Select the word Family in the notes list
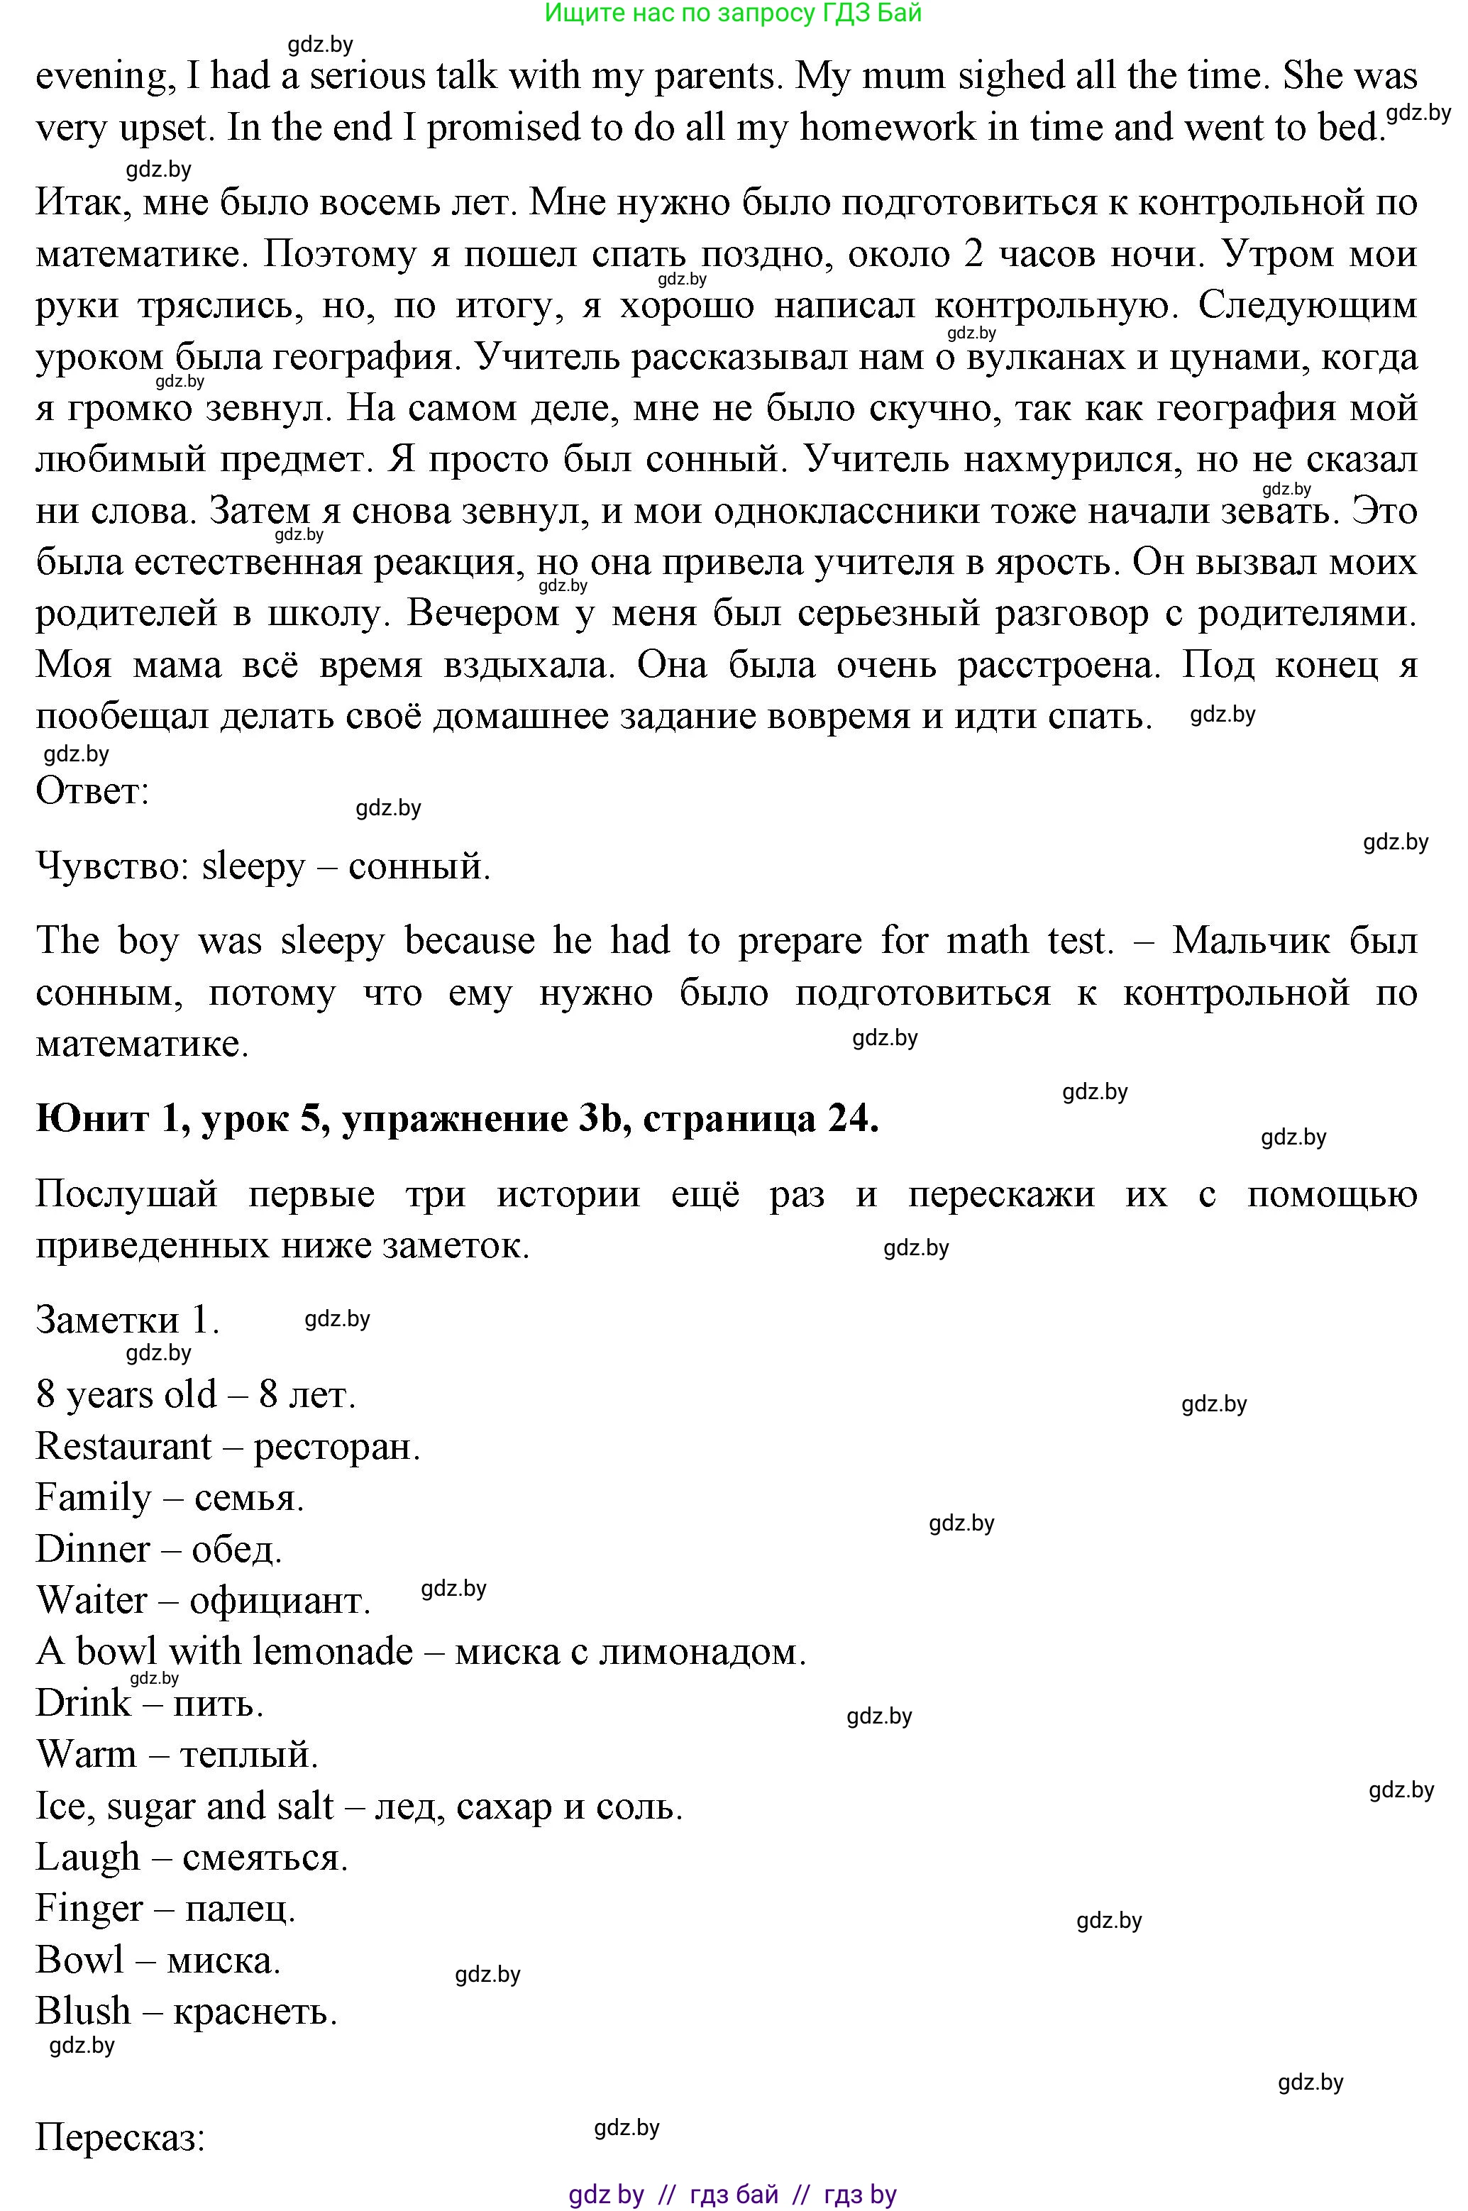pyautogui.click(x=93, y=1498)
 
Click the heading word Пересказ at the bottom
pyautogui.click(x=120, y=2137)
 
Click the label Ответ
pyautogui.click(x=92, y=791)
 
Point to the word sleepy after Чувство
pyautogui.click(x=253, y=867)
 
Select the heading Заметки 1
pyautogui.click(x=127, y=1320)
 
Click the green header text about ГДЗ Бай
pyautogui.click(x=732, y=13)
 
